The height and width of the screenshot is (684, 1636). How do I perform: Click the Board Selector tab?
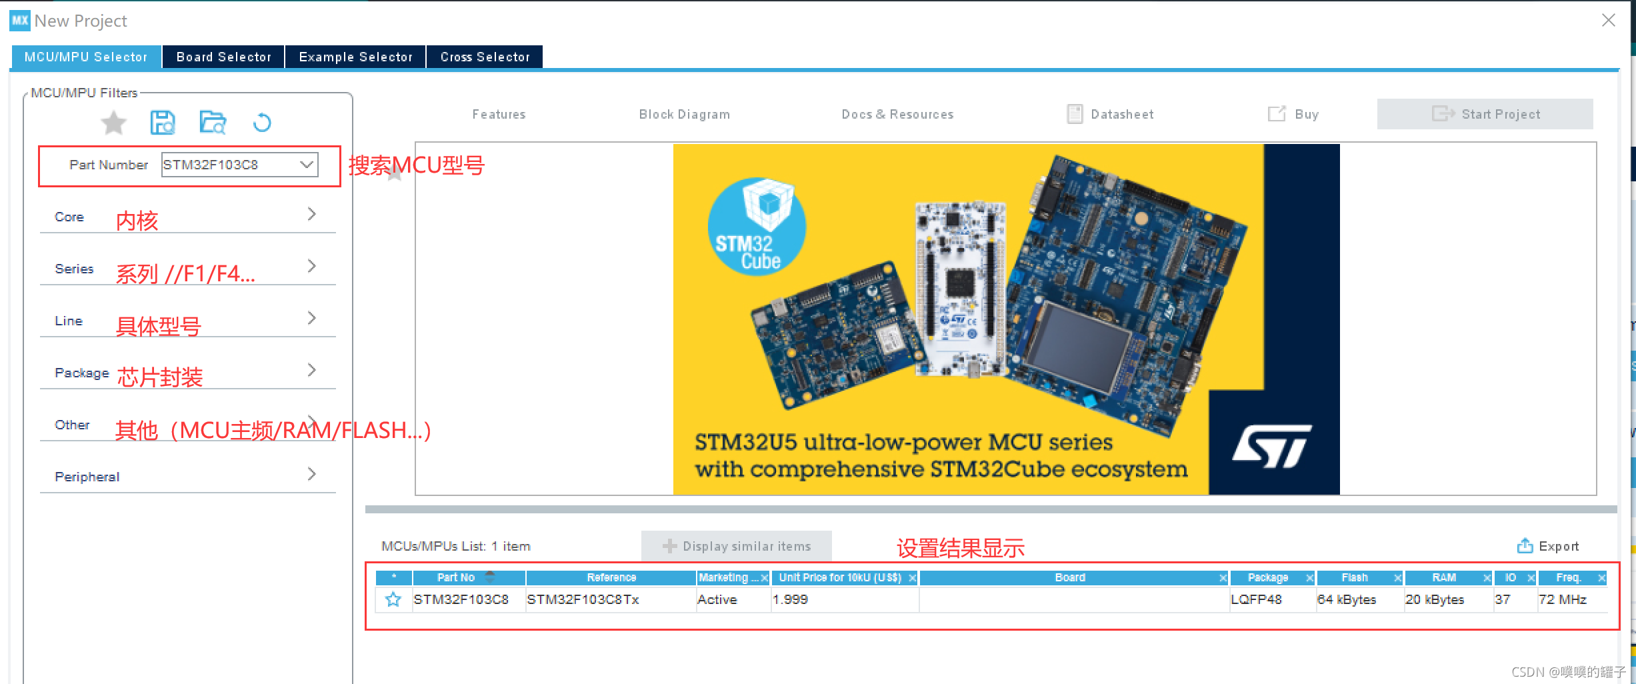pos(223,57)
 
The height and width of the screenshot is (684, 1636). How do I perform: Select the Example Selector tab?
pos(355,57)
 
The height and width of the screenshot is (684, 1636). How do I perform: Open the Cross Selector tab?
pos(485,57)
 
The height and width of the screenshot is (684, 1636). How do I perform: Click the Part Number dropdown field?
pos(239,165)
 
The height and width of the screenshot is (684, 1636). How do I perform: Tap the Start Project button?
pos(1485,114)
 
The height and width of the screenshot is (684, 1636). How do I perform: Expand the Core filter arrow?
pos(311,214)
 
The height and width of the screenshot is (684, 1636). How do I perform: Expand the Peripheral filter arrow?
pos(311,474)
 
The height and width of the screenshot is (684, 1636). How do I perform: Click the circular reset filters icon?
pos(262,123)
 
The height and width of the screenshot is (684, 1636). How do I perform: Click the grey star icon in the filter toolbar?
pos(113,123)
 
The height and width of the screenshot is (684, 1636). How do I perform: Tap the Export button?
pos(1548,546)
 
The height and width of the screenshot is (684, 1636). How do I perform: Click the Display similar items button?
pos(737,546)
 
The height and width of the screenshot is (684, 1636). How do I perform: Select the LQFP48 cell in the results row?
pos(1256,599)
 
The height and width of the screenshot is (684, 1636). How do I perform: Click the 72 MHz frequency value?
pos(1562,599)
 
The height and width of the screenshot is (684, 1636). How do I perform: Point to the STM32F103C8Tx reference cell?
pos(583,599)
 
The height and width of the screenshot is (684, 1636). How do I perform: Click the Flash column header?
pos(1354,577)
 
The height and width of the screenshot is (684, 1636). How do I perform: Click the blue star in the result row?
pos(393,599)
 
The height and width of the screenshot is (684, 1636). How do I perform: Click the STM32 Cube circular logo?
pos(757,227)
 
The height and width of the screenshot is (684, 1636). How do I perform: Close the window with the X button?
pos(1609,20)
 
